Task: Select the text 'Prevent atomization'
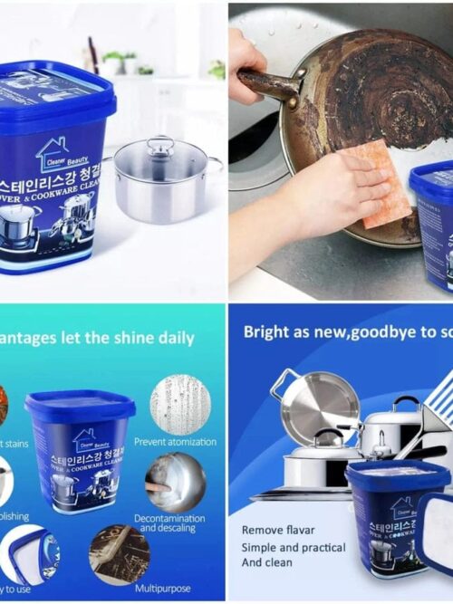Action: (175, 442)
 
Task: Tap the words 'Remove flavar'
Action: (279, 530)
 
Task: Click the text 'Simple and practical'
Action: (293, 548)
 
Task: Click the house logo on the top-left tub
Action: (53, 153)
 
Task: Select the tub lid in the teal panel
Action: (81, 406)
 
